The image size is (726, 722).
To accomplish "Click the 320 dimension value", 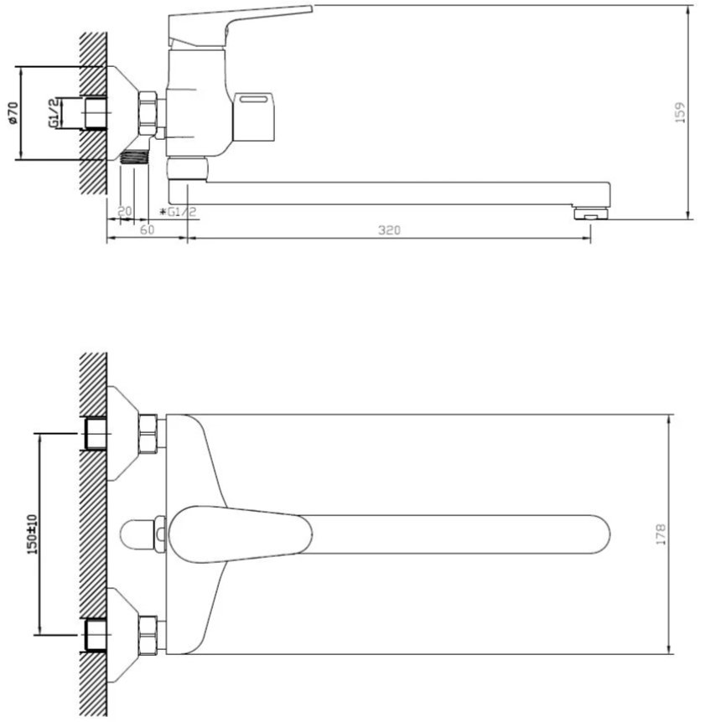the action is point(389,229).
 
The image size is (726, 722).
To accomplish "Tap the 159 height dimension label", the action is point(680,112).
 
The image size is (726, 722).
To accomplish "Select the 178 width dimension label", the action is point(661,534).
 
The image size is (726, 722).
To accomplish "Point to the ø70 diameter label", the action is point(13,113).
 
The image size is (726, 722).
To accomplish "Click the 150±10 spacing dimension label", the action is point(32,534).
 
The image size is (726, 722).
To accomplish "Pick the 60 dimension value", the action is point(147,229).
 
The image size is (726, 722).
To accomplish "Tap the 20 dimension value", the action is point(125,211).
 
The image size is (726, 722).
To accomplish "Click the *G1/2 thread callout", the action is point(179,212).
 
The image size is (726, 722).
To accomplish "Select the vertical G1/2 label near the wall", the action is point(54,112).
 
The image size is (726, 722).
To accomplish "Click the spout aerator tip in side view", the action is point(591,214).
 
